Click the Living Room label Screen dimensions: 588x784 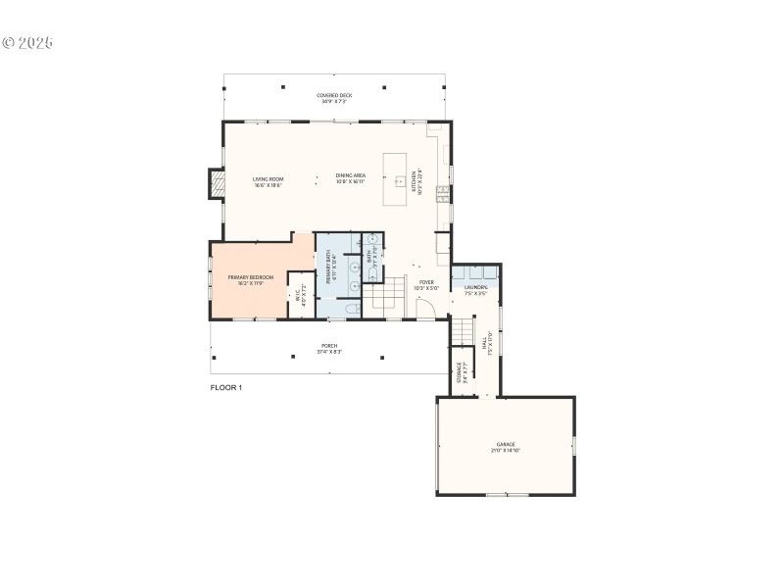pyautogui.click(x=268, y=182)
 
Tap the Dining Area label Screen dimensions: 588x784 pyautogui.click(x=350, y=178)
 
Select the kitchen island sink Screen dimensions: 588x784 pyautogui.click(x=400, y=180)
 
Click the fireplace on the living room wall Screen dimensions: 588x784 pyautogui.click(x=217, y=183)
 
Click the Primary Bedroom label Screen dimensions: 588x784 pyautogui.click(x=251, y=280)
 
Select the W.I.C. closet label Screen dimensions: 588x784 pyautogui.click(x=302, y=293)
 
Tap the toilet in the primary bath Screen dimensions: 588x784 pyautogui.click(x=353, y=310)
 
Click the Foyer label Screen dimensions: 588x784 pyautogui.click(x=419, y=285)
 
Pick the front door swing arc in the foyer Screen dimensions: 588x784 pyautogui.click(x=425, y=309)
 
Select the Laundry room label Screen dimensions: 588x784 pyautogui.click(x=476, y=289)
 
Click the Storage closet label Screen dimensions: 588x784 pyautogui.click(x=461, y=372)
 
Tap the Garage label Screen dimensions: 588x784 pyautogui.click(x=506, y=447)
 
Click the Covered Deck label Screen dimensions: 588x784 pyautogui.click(x=334, y=98)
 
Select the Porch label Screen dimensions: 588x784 pyautogui.click(x=329, y=348)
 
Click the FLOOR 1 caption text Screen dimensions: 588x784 pyautogui.click(x=226, y=388)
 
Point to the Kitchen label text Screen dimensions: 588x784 pyautogui.click(x=420, y=182)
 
